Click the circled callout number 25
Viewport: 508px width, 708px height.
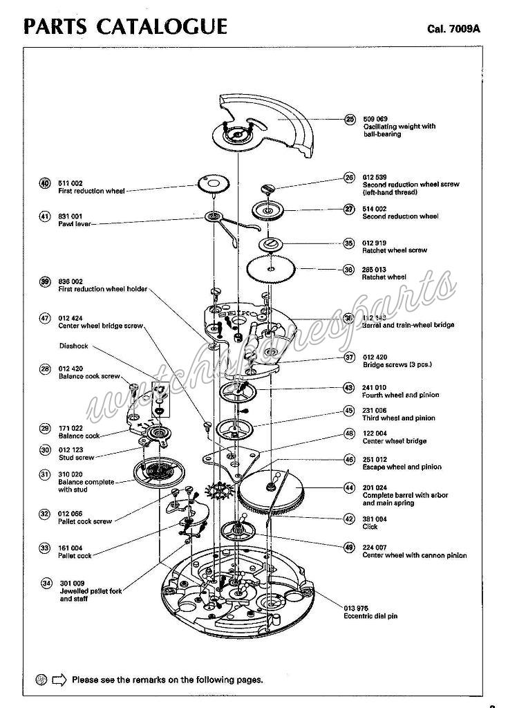pyautogui.click(x=350, y=119)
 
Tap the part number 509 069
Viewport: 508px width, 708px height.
pyautogui.click(x=375, y=119)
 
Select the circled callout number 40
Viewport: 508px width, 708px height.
pyautogui.click(x=45, y=183)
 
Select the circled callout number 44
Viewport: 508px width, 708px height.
pyautogui.click(x=350, y=487)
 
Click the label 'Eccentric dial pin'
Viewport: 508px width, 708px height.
pyautogui.click(x=370, y=616)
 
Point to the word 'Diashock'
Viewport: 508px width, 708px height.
pyautogui.click(x=73, y=346)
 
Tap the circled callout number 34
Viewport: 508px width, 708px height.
pyautogui.click(x=46, y=583)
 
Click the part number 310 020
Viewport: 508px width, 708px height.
pyautogui.click(x=70, y=474)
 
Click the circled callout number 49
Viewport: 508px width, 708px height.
pyautogui.click(x=349, y=547)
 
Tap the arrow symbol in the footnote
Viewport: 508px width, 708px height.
pyautogui.click(x=59, y=680)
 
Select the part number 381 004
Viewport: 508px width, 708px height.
pyautogui.click(x=375, y=519)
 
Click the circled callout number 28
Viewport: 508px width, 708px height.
pyautogui.click(x=45, y=369)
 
